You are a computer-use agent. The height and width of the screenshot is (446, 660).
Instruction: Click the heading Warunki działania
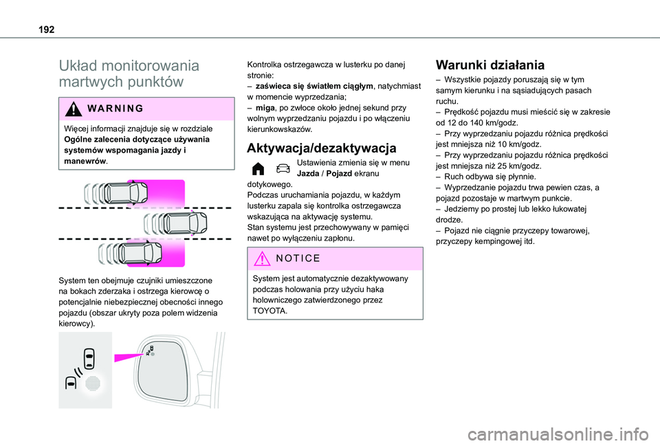coord(489,66)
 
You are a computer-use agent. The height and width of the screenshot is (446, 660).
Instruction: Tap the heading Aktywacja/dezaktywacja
coord(321,148)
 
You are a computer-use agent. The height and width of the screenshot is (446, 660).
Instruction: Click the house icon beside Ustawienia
coord(257,169)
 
